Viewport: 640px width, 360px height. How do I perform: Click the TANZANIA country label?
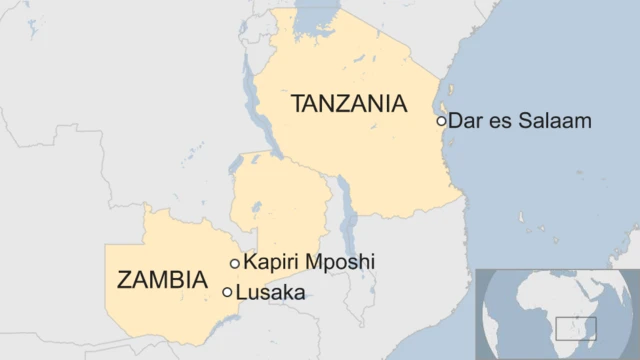tap(348, 103)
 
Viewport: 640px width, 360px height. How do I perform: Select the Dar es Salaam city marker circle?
tap(441, 121)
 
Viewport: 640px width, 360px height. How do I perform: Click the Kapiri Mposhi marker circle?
tap(235, 263)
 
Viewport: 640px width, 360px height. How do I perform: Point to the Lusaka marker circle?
tap(227, 292)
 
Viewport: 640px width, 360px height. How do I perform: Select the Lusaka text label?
tap(270, 292)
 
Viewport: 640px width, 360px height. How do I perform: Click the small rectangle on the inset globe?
tap(576, 329)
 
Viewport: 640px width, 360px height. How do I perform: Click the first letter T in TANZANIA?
tap(298, 103)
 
